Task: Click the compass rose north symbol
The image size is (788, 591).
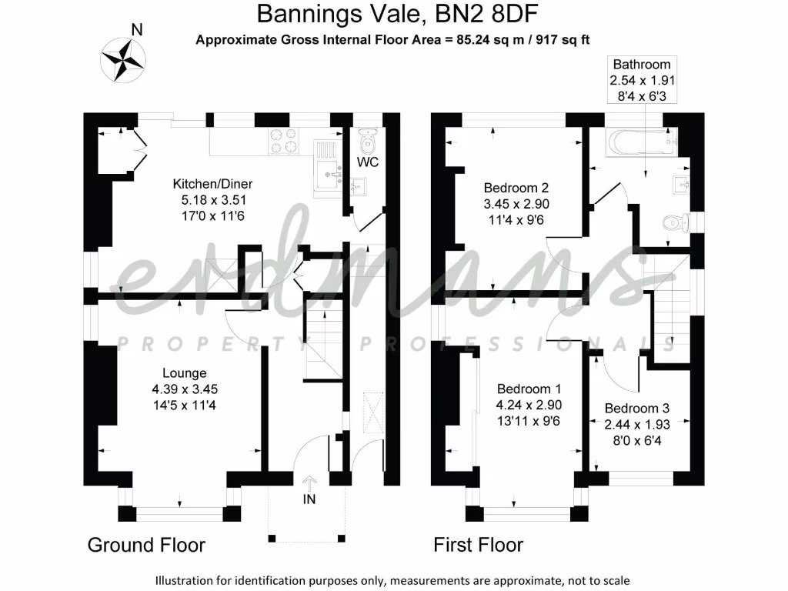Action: point(123,58)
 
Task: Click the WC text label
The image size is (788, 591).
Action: point(368,163)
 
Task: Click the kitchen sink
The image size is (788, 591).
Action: point(329,173)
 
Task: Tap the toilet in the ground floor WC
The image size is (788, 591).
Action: point(367,140)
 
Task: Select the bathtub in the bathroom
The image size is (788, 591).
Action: point(641,143)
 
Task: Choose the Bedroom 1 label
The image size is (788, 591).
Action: point(529,389)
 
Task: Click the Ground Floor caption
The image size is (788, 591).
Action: point(146,546)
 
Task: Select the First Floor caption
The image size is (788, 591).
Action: point(479,546)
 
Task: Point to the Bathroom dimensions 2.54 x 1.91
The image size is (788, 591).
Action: point(642,80)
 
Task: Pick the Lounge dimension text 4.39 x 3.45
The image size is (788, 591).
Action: point(190,389)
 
